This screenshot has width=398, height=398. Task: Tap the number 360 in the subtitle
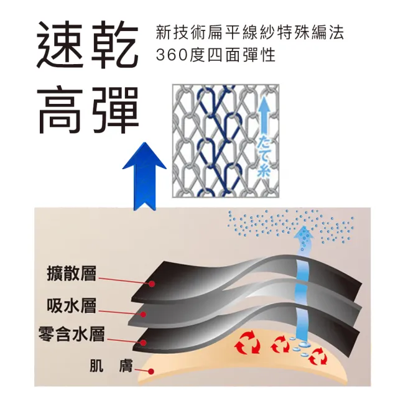tap(172, 55)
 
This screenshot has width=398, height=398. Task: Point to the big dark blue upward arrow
tap(144, 176)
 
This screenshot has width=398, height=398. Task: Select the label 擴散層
tap(72, 274)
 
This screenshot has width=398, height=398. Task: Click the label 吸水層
tap(72, 305)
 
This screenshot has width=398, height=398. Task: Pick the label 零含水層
tap(72, 334)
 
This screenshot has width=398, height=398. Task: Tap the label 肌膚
tap(111, 366)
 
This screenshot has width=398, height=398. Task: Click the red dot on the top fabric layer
tap(152, 284)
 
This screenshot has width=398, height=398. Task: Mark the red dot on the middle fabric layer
tap(144, 315)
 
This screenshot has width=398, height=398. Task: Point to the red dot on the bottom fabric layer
tap(144, 343)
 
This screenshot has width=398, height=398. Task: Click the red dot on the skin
tap(150, 372)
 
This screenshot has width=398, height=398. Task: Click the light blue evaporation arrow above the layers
tap(303, 239)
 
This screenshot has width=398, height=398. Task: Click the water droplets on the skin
tap(301, 347)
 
